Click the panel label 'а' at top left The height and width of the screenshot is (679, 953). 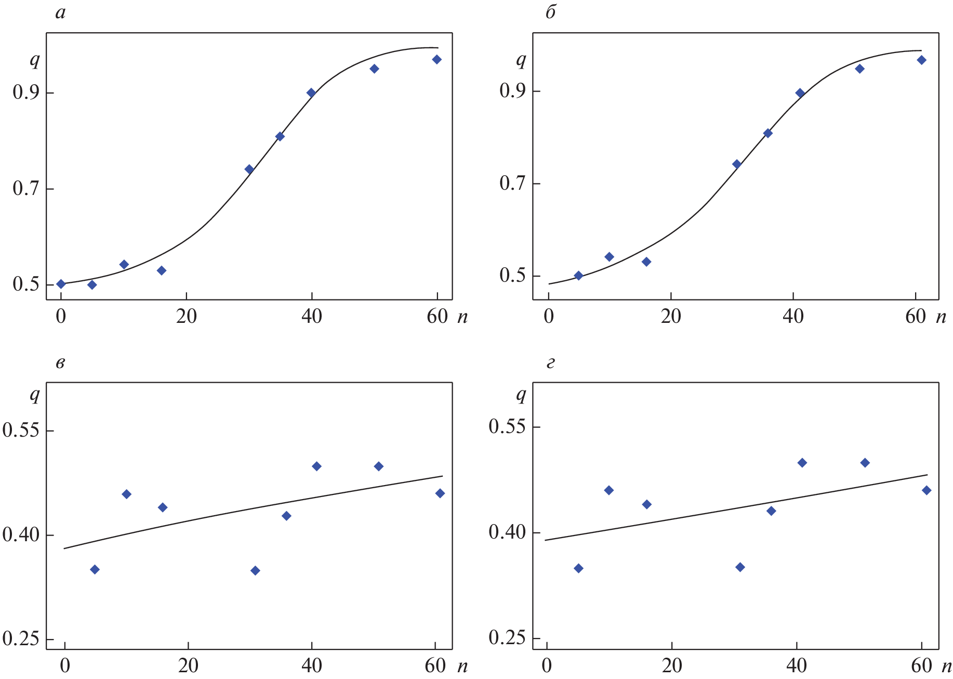click(x=60, y=13)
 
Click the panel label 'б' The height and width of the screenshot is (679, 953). click(x=551, y=12)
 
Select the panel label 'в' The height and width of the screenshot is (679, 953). click(x=60, y=363)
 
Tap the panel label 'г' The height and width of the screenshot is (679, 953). click(x=551, y=363)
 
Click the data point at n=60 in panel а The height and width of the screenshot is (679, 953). click(x=436, y=60)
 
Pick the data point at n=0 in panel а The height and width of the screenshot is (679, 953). click(x=61, y=284)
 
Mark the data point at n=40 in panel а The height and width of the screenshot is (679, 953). click(x=311, y=93)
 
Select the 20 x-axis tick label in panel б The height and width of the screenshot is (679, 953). click(x=671, y=317)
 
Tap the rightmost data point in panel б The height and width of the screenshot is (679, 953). click(x=921, y=60)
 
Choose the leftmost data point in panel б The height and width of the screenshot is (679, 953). click(x=578, y=276)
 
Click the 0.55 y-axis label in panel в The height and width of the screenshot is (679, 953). click(x=21, y=431)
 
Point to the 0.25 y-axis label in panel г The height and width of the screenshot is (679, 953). click(x=507, y=638)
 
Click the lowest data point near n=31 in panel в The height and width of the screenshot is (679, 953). click(x=255, y=571)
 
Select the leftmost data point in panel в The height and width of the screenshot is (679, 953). click(x=95, y=570)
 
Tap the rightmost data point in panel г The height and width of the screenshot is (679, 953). click(x=926, y=490)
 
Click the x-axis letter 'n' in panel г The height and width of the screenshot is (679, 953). click(x=946, y=666)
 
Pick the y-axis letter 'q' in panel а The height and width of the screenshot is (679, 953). click(x=35, y=61)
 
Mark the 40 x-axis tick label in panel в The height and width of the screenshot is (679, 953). click(x=311, y=666)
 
